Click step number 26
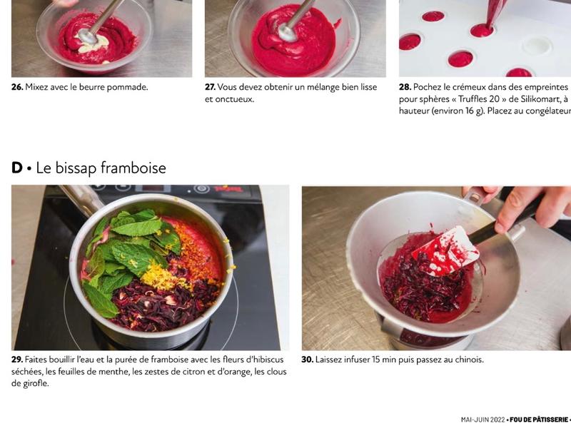pos(17,87)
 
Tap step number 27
pos(210,87)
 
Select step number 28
pos(405,87)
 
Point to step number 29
pos(17,360)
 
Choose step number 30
pos(308,360)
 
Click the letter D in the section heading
pos(17,168)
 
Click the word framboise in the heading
pos(133,168)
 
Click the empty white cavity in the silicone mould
pos(537,47)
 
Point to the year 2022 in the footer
pos(497,420)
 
